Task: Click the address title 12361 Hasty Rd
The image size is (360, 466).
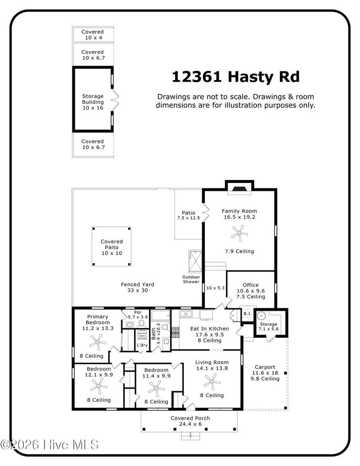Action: [x=235, y=77]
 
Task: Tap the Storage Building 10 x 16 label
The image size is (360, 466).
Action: [x=93, y=102]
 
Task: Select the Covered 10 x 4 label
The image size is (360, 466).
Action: [x=93, y=35]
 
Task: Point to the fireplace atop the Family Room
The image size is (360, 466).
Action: [x=239, y=189]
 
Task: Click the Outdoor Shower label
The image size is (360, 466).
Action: [x=191, y=280]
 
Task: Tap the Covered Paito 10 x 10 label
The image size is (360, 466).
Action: [x=112, y=247]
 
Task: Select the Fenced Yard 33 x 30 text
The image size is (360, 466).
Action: [x=137, y=287]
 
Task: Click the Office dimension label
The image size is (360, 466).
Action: [x=251, y=291]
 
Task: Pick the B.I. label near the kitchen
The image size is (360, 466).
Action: [x=247, y=314]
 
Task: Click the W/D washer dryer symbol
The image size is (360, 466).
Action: [x=142, y=335]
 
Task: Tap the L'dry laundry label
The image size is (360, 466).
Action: [x=142, y=345]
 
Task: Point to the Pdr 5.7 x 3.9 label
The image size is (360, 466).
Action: [x=137, y=315]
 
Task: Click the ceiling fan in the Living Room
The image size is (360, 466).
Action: [x=212, y=382]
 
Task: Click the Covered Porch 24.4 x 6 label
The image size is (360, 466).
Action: [x=190, y=421]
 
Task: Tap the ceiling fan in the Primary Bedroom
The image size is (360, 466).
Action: [x=97, y=342]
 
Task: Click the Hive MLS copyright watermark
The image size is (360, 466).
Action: [x=49, y=445]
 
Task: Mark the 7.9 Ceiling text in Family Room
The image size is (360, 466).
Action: [x=239, y=251]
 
